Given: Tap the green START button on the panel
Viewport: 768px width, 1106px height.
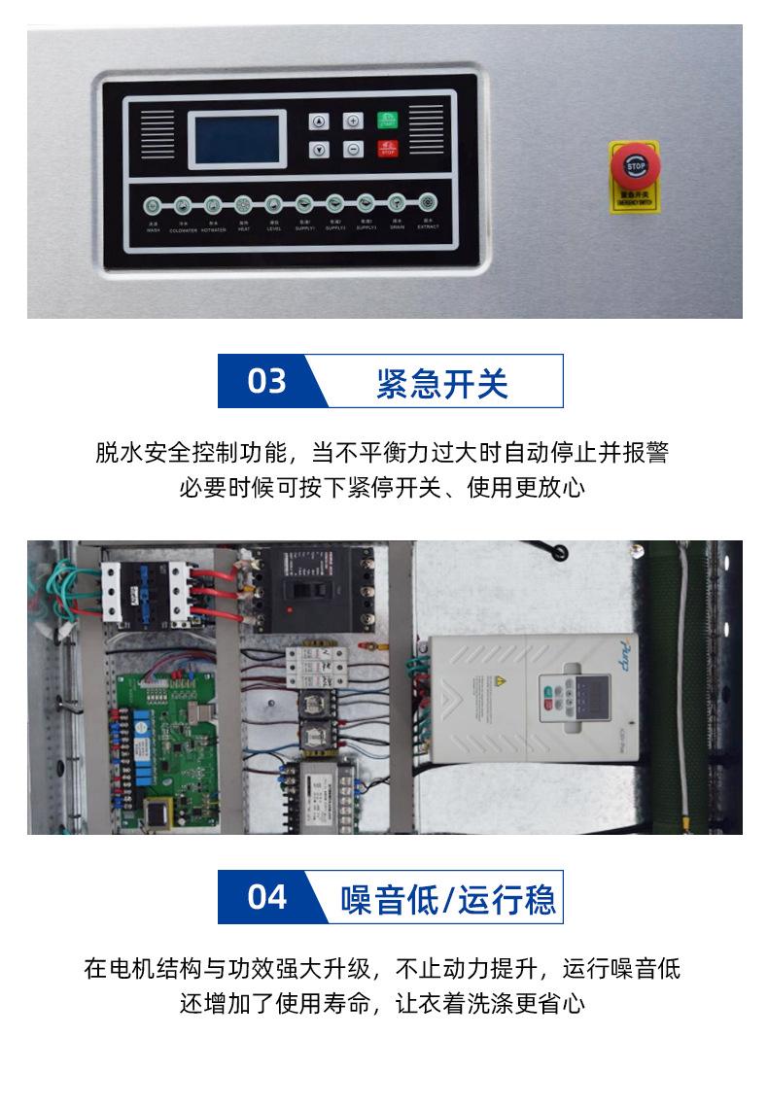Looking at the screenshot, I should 387,121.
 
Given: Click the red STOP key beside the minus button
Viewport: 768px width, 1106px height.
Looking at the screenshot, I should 387,150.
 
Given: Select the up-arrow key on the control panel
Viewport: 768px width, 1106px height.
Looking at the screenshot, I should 319,121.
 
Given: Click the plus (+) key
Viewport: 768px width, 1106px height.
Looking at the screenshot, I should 353,121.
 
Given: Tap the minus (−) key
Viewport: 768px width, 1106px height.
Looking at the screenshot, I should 353,150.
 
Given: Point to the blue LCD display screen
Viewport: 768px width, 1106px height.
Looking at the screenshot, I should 238,137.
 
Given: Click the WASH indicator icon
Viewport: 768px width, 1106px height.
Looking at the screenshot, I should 153,205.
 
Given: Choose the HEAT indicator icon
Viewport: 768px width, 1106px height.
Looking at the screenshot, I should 242,204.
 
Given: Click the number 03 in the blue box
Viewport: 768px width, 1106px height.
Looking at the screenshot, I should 266,381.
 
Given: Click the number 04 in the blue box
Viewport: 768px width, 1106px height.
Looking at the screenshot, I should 266,896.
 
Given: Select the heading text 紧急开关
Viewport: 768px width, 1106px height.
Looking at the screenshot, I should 441,383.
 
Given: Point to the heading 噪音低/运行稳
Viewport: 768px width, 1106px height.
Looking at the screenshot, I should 448,897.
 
